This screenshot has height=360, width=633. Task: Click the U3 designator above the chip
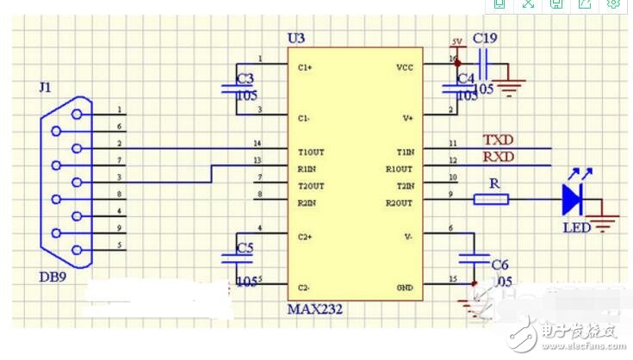[x=295, y=39]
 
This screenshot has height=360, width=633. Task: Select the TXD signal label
[x=498, y=140]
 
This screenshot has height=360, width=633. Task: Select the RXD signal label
[x=498, y=157]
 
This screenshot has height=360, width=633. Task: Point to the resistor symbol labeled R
[x=491, y=200]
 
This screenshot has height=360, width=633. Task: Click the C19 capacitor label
[x=485, y=38]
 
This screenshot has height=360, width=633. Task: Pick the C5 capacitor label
[x=245, y=249]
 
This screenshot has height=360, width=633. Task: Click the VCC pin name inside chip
[x=404, y=66]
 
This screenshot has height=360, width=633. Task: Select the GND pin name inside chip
[x=405, y=286]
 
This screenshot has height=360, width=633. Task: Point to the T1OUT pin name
[x=310, y=151]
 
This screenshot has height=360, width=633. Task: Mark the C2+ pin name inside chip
[x=305, y=235]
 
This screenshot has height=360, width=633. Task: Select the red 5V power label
[x=456, y=41]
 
